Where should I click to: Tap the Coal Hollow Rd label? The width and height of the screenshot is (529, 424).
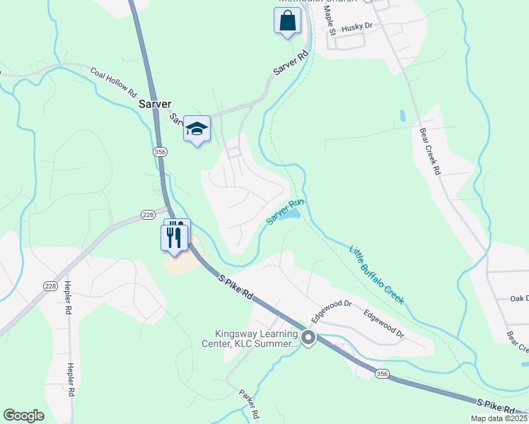(113, 81)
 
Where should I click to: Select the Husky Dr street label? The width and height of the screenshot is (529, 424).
(356, 27)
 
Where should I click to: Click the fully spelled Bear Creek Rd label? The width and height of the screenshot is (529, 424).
(430, 151)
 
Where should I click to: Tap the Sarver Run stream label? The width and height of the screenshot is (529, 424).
(286, 211)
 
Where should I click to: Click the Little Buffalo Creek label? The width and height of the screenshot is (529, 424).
(377, 274)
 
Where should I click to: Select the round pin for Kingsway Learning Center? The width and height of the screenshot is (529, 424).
(308, 338)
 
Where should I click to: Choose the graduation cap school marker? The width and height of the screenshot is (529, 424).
(197, 129)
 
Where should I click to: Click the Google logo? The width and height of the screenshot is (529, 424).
(24, 416)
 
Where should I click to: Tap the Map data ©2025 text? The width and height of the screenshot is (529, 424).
(499, 418)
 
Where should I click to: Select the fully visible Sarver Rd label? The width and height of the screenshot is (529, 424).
(292, 64)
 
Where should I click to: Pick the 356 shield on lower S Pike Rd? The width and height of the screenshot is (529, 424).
(383, 372)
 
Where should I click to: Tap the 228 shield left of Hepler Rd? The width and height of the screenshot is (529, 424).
(50, 285)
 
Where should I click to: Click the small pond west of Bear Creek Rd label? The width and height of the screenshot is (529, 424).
(402, 115)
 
